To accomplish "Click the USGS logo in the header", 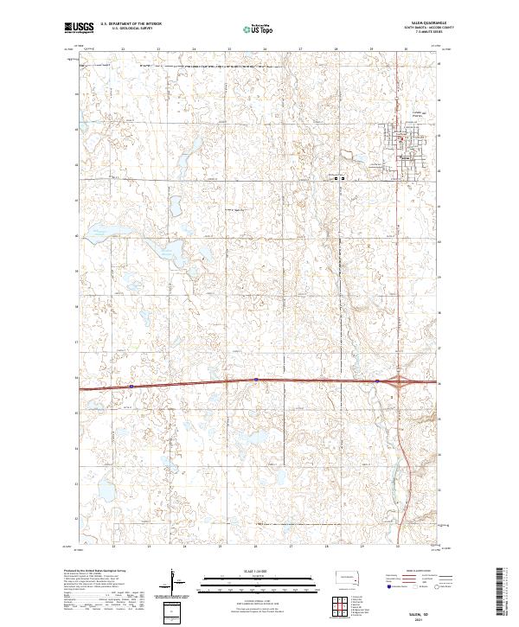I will [x=79, y=28].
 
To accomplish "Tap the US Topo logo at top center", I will [x=259, y=28].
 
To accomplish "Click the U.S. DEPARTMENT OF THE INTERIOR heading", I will [x=131, y=25].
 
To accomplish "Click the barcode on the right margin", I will [x=506, y=592].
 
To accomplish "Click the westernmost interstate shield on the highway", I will [x=131, y=386].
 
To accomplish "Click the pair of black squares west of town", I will [x=339, y=179].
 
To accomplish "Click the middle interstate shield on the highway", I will [x=256, y=380].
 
